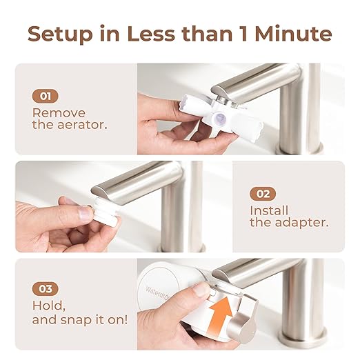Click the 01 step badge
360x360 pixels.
(46, 96)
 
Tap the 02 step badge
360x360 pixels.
(263, 194)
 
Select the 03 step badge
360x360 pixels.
(46, 288)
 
